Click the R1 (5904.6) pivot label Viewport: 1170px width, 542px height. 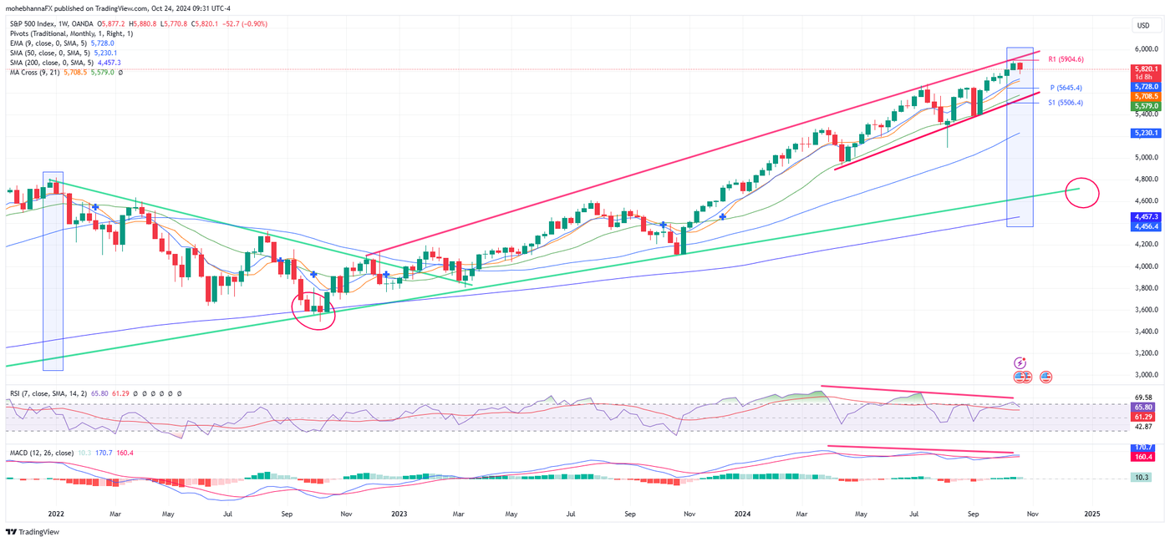click(1066, 59)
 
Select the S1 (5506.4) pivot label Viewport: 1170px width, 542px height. click(1066, 103)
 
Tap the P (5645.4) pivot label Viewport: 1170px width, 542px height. click(1066, 88)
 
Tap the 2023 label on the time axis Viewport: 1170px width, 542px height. click(399, 516)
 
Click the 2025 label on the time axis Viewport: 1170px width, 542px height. click(1091, 516)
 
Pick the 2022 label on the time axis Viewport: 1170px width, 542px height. click(56, 516)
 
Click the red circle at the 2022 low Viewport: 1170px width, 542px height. click(314, 311)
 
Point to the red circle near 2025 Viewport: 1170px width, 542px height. click(1083, 193)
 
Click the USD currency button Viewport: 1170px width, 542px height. click(1144, 25)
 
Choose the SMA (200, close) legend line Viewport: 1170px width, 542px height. click(65, 63)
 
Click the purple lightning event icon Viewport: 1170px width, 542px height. click(1020, 362)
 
